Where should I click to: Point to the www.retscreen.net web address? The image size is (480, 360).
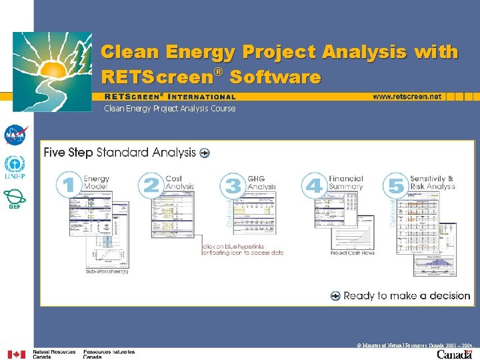point(407,97)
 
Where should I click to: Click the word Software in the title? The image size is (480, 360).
point(275,77)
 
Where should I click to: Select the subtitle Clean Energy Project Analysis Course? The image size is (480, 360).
point(169,109)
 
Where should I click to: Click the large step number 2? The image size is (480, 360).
point(151,185)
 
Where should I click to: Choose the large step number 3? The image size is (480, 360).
point(233,185)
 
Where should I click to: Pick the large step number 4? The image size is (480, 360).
point(313,185)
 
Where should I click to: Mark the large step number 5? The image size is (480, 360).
point(396,185)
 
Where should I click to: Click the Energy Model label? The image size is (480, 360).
point(97,183)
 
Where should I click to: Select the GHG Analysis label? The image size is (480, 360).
point(261,183)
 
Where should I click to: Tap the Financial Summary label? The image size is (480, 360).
point(345,183)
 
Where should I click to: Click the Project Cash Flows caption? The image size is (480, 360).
point(352,253)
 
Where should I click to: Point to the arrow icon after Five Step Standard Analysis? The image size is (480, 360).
point(204,153)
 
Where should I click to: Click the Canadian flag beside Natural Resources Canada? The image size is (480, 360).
point(16,354)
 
